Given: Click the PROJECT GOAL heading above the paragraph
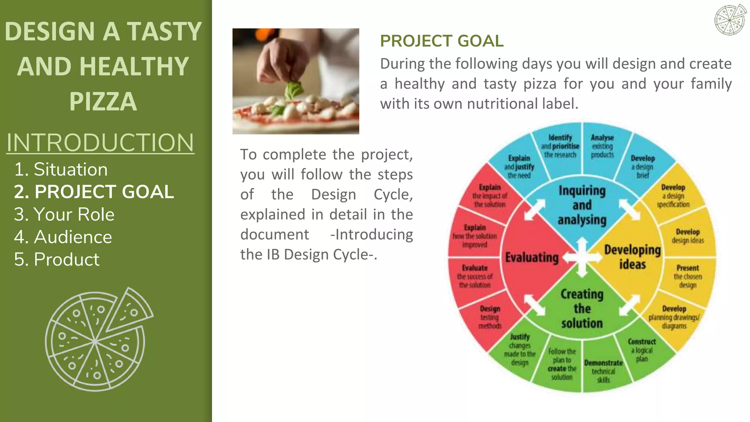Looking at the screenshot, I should [x=442, y=41].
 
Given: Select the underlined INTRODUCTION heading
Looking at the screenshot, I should [x=100, y=142].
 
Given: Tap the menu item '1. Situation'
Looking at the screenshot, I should [x=61, y=170].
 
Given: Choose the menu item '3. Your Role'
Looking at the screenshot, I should [x=64, y=214].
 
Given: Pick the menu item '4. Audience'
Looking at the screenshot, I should [x=63, y=237].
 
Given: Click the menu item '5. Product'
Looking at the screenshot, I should [x=56, y=260].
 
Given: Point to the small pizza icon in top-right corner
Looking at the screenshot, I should [x=730, y=20].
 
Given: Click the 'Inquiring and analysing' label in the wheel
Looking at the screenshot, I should [x=582, y=205].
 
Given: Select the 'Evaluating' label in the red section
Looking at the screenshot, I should [x=532, y=258].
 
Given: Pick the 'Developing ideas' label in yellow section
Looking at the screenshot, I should [x=632, y=257].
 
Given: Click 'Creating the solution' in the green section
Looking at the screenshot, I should [x=582, y=309].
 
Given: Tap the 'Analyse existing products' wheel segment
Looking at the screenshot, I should [x=602, y=146].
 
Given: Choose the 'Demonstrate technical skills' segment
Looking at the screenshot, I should [x=603, y=371].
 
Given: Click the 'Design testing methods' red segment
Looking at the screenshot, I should [x=490, y=317].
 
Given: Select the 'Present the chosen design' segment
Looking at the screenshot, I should [x=687, y=277].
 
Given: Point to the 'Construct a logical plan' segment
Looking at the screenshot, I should [x=642, y=350].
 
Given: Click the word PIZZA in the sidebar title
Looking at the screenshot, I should [x=103, y=101].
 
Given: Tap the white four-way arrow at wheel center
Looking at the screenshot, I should [x=582, y=258].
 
